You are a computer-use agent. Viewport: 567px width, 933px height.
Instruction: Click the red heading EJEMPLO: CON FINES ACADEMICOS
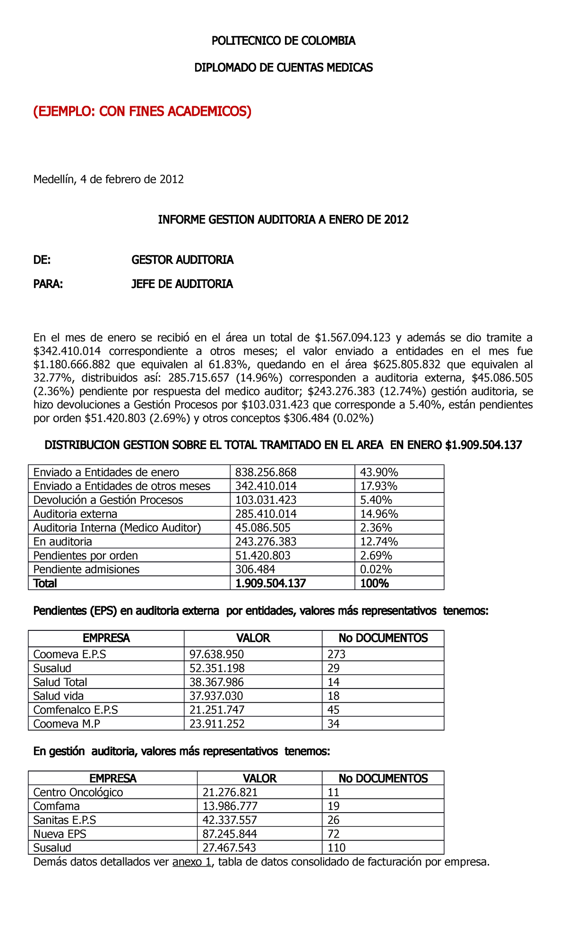point(142,111)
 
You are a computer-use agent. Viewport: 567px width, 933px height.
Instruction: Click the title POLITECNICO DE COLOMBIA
point(283,41)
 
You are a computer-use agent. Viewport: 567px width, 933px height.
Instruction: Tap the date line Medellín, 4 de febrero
point(108,179)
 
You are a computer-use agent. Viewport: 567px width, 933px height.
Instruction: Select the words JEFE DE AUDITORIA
point(182,284)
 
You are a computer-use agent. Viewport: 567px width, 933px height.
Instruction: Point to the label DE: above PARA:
point(42,260)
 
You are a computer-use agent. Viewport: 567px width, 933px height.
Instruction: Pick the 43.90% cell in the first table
point(378,472)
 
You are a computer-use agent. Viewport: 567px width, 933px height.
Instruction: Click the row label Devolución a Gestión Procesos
point(108,500)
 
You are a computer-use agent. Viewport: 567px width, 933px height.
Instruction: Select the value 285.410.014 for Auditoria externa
point(266,514)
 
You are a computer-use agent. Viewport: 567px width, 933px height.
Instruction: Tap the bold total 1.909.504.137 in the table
point(270,583)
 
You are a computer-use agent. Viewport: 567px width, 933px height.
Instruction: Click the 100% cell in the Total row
point(374,583)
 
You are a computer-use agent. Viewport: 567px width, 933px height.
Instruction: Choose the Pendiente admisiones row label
point(86,569)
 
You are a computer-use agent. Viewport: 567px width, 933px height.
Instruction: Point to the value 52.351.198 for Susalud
point(217,668)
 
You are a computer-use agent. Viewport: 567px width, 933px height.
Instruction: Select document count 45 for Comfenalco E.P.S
point(334,710)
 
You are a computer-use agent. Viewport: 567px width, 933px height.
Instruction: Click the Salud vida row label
point(59,696)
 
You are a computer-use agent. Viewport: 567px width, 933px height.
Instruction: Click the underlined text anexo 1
point(192,862)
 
